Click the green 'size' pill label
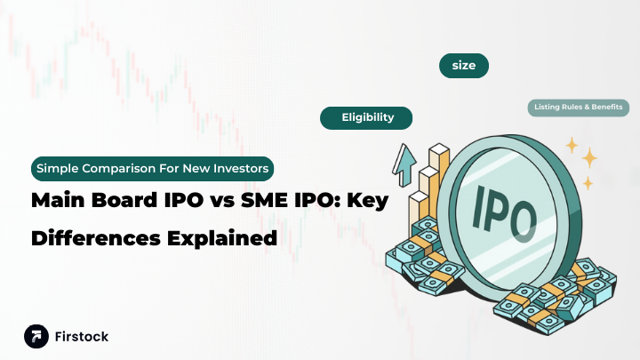click(464, 66)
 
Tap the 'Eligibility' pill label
click(367, 117)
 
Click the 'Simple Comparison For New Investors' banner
click(152, 167)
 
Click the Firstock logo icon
click(36, 337)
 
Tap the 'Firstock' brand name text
click(82, 337)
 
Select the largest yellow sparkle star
click(589, 157)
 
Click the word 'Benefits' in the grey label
click(609, 108)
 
